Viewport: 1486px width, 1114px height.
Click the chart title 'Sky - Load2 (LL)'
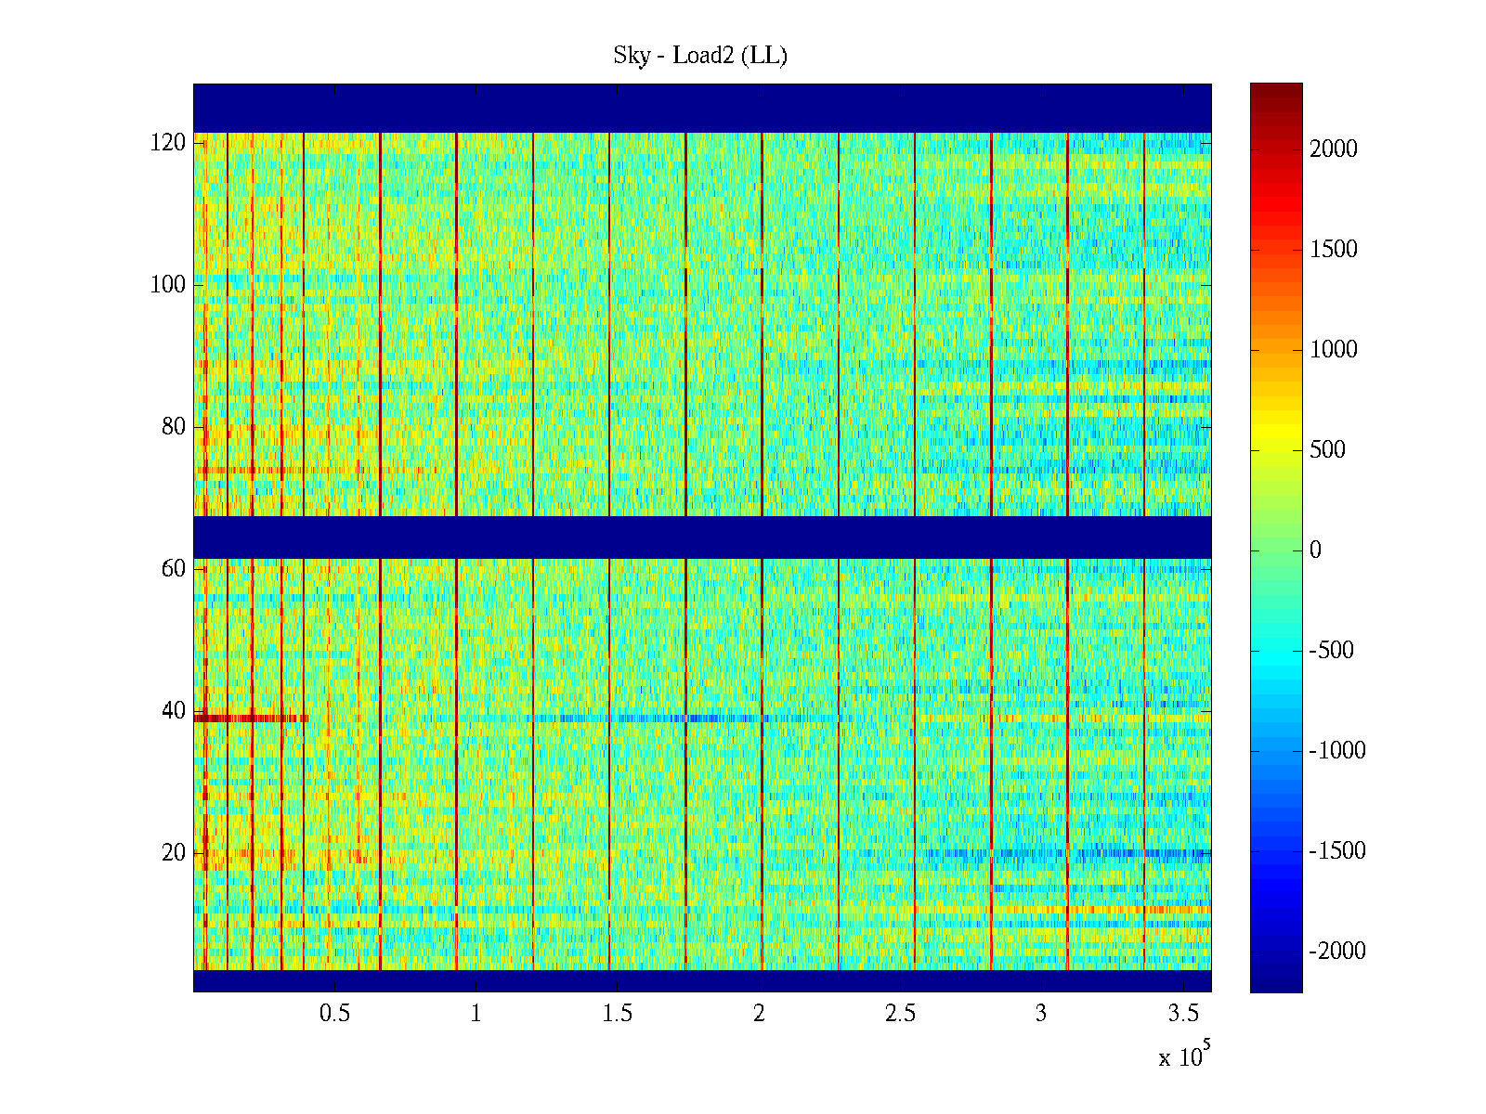[700, 56]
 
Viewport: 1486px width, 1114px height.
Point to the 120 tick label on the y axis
[168, 143]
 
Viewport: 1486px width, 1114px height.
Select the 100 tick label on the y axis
[168, 285]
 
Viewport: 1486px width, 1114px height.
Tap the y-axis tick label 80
[174, 427]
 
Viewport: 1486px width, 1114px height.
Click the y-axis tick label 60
[174, 569]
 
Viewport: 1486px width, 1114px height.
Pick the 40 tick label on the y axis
[174, 711]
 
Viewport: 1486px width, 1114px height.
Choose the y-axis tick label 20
[174, 853]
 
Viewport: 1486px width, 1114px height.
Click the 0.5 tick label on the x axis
[335, 1014]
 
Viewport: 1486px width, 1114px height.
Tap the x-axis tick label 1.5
[618, 1014]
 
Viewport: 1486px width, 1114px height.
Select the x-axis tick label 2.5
[900, 1014]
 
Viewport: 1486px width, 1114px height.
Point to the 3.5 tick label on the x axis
[1182, 1014]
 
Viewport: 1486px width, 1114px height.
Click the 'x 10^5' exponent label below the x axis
[1184, 1056]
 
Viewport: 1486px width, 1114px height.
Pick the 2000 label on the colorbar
[1334, 149]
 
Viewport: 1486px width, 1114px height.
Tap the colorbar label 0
[1315, 551]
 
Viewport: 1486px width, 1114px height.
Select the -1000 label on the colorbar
[1337, 751]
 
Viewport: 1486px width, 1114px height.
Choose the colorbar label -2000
[1337, 952]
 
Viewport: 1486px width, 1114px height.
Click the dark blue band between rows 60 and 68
[702, 538]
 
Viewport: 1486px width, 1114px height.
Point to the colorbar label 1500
[1334, 250]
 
